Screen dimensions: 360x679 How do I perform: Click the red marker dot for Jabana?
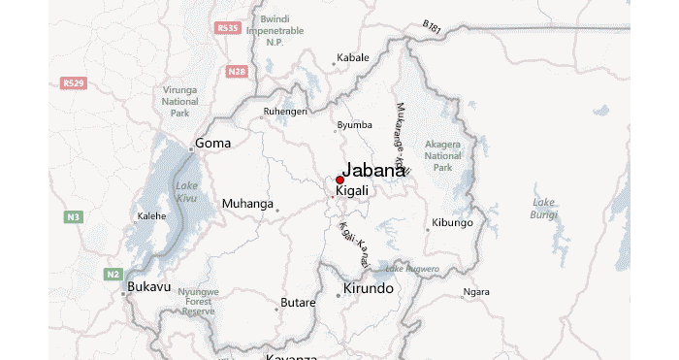339,180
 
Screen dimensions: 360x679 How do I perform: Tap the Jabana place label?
373,170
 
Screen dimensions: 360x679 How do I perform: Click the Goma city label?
213,144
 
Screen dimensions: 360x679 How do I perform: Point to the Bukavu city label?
149,287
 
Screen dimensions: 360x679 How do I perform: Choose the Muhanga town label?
247,204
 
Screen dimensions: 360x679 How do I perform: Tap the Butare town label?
298,303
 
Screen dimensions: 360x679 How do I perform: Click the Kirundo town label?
369,289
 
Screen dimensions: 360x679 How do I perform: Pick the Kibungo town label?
452,223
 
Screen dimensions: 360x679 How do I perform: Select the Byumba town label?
354,125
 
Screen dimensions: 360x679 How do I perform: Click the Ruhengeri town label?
284,112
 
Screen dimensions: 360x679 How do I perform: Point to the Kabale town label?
353,57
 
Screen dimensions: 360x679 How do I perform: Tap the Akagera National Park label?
443,155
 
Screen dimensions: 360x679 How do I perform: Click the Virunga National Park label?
180,101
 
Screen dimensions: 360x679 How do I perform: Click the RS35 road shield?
228,28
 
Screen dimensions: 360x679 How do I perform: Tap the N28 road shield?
236,71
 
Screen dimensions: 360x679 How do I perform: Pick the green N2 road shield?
113,275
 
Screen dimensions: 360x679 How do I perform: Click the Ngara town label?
476,291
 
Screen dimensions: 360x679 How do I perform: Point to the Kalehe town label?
152,215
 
